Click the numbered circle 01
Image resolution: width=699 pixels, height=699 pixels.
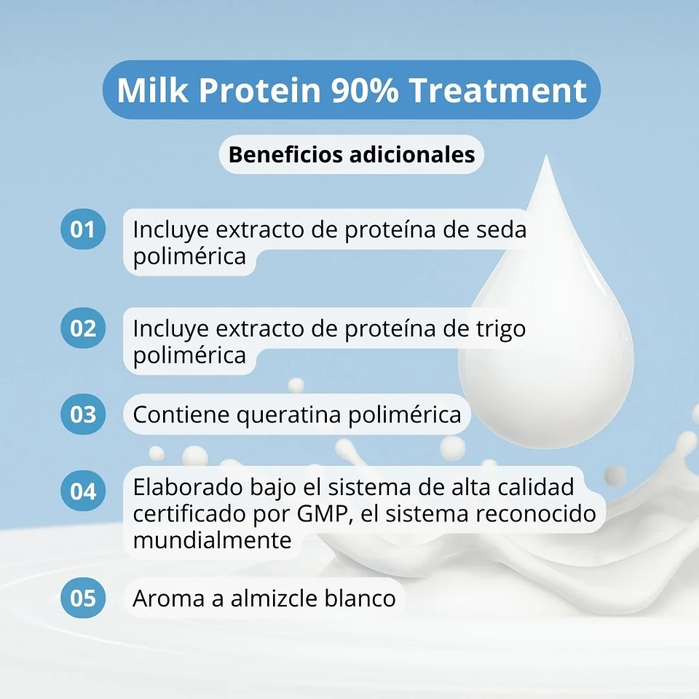coord(83,229)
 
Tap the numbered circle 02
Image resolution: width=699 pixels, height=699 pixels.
coord(83,328)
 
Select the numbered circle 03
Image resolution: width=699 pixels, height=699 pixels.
coord(83,414)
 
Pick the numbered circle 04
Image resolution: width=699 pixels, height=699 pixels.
coord(83,490)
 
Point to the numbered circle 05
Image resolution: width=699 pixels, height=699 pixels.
coord(83,599)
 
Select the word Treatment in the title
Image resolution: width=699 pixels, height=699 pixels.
coord(497,91)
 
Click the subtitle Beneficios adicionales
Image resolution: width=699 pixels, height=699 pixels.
coord(352,155)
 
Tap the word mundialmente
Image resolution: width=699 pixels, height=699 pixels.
coord(212,540)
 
